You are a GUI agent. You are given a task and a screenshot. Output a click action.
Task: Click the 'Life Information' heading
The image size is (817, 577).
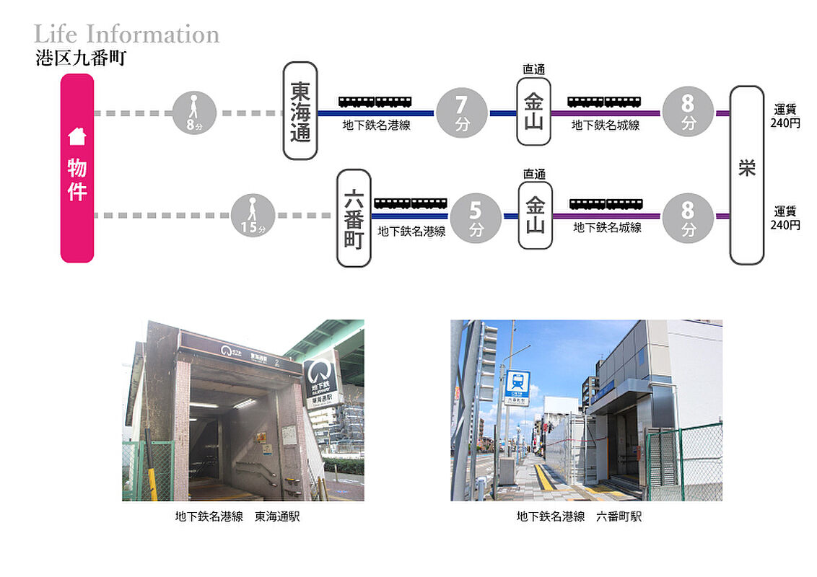point(126,35)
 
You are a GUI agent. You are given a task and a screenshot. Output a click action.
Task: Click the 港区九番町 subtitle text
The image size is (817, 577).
point(81,58)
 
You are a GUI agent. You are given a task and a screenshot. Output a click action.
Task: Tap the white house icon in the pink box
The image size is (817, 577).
point(77,136)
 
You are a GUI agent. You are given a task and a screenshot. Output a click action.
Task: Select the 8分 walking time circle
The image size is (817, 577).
point(194,113)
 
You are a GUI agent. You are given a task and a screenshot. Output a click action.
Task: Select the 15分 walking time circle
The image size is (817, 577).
point(253,215)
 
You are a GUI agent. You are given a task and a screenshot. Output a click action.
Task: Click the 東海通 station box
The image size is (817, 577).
point(300,110)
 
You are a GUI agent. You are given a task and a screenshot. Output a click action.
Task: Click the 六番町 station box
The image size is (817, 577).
point(354,218)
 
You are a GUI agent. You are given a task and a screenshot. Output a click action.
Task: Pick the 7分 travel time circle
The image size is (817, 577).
point(462,113)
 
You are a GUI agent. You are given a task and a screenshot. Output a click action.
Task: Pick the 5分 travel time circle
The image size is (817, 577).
point(476,219)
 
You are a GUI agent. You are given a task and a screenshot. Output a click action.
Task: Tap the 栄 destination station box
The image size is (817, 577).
point(747,175)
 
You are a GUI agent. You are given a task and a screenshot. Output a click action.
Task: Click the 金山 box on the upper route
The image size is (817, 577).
point(533,112)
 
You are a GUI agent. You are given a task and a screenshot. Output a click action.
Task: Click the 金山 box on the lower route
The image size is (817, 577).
point(535,215)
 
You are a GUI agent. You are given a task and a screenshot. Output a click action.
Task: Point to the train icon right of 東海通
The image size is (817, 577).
point(375,102)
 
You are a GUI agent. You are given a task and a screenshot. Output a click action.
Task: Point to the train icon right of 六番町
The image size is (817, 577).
point(411,203)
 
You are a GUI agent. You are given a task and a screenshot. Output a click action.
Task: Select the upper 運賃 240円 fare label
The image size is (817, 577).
point(785,116)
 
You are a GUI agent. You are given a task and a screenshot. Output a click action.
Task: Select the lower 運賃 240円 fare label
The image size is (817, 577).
point(785,218)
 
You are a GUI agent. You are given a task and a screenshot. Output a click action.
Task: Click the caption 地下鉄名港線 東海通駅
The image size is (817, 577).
point(237,516)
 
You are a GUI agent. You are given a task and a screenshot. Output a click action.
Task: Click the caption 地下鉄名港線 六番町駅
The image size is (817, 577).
point(579,516)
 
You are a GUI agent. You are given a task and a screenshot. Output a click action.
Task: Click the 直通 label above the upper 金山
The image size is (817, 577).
point(534,69)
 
